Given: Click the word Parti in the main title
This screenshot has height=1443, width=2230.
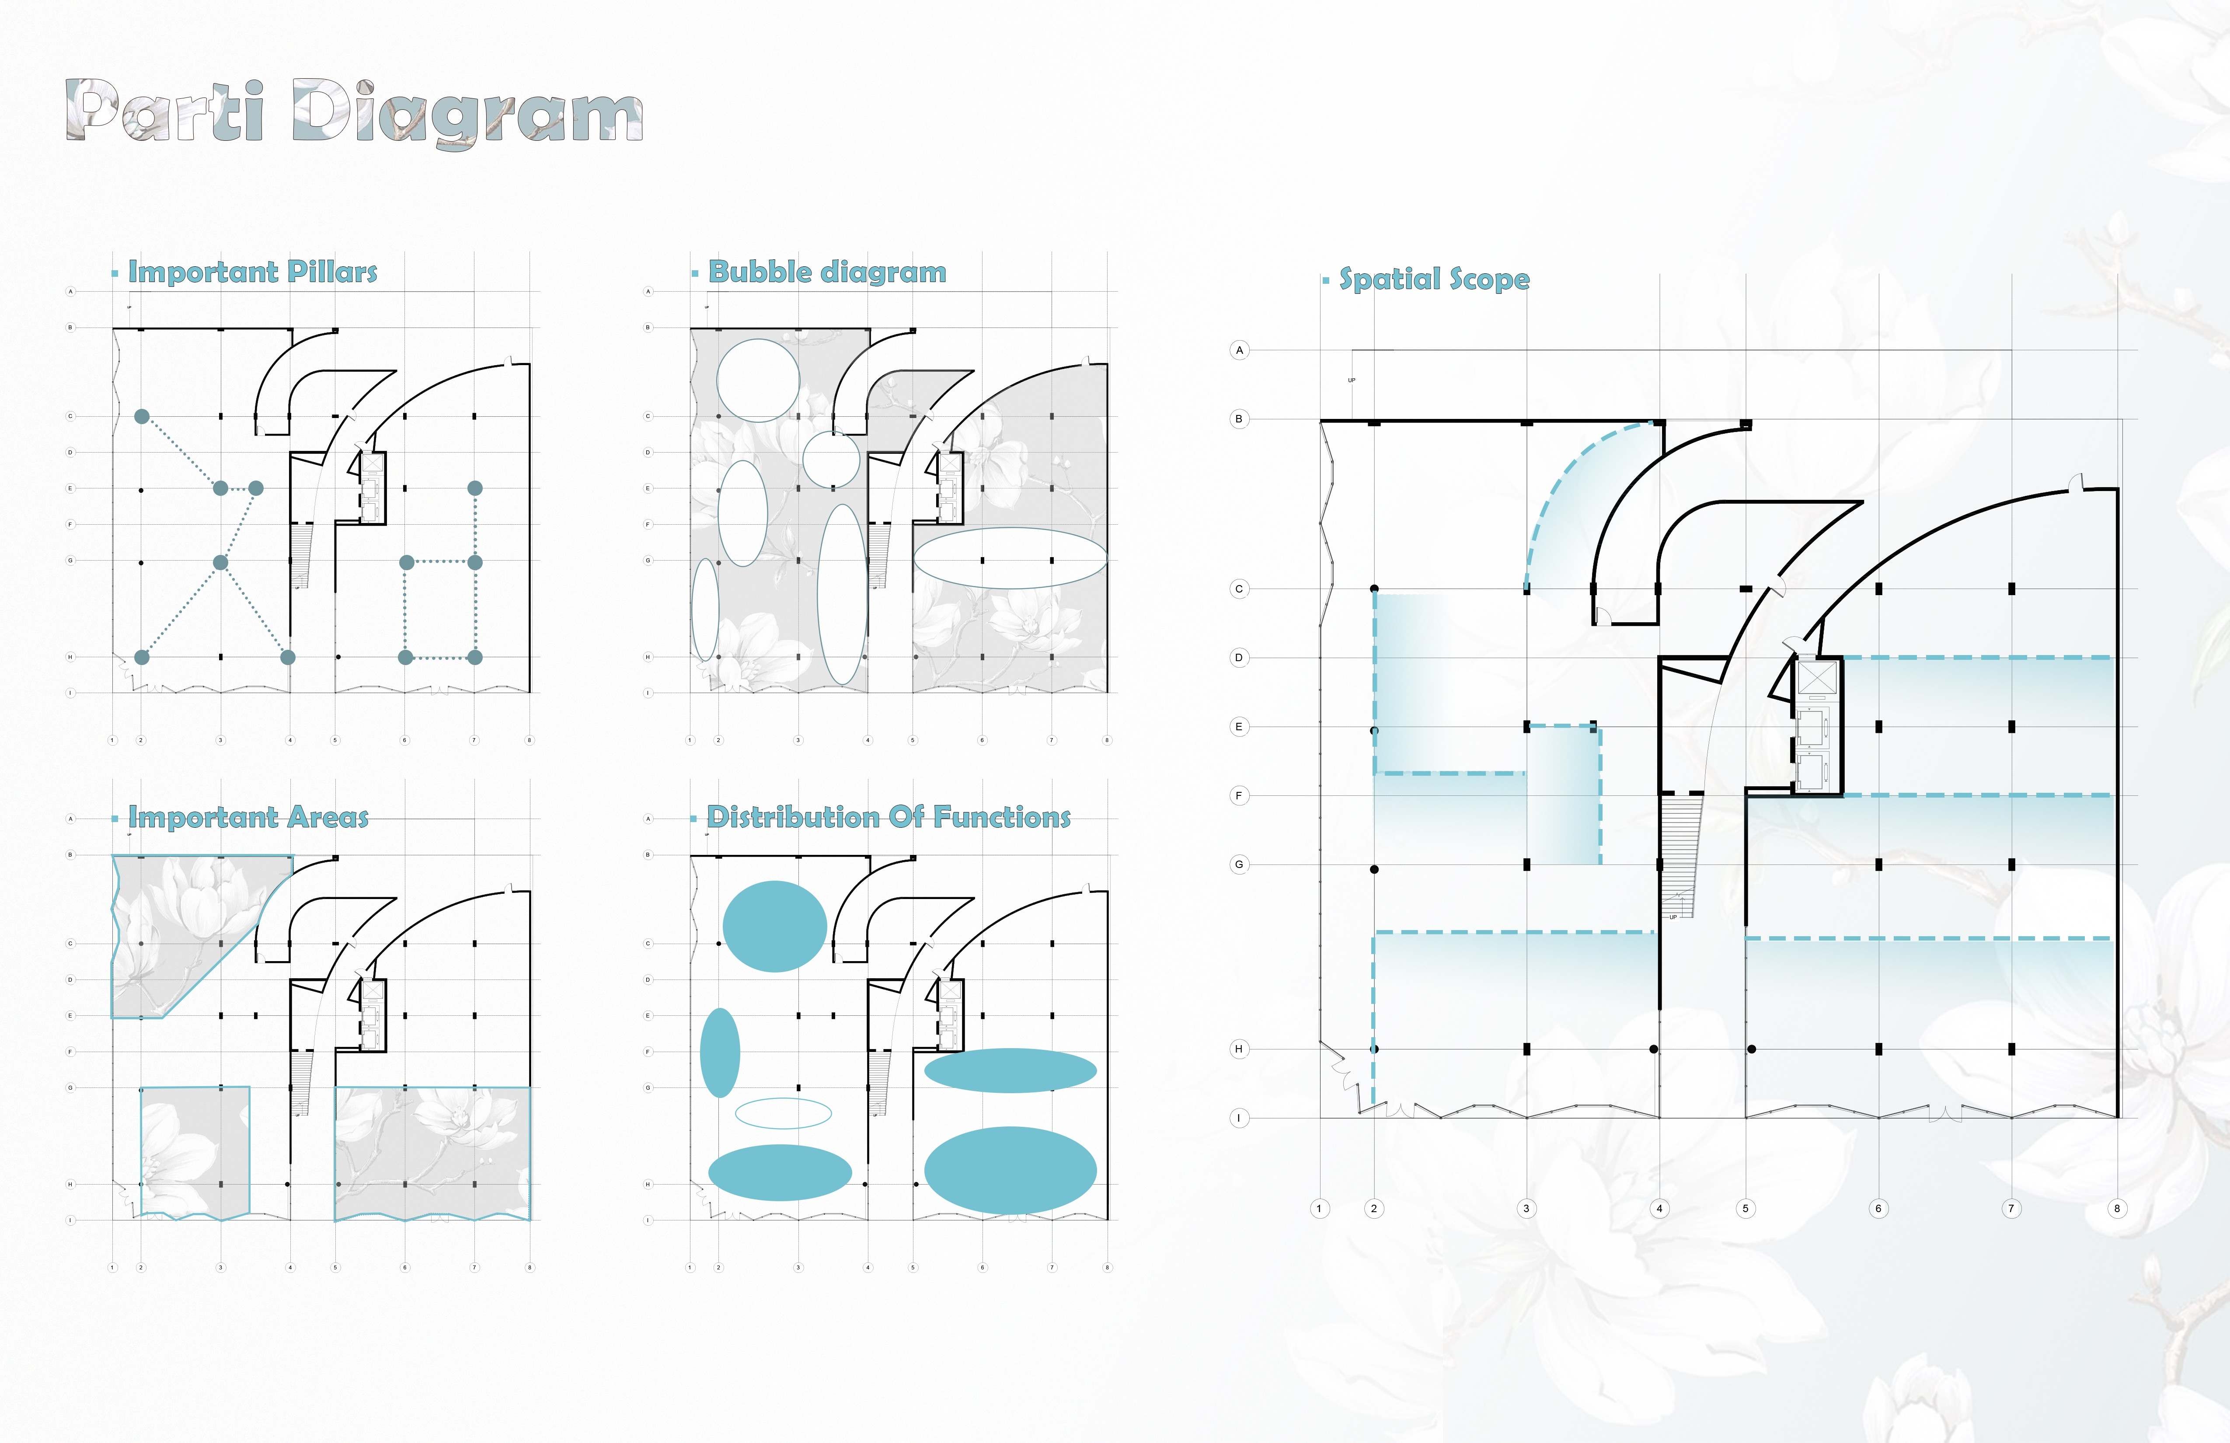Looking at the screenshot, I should point(165,111).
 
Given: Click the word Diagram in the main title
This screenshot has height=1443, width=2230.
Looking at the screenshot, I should point(467,112).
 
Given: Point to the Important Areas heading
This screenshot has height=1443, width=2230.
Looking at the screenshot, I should point(248,817).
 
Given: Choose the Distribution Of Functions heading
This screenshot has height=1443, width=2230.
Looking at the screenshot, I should point(888,817).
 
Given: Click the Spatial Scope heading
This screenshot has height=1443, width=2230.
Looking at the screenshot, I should point(1434,279).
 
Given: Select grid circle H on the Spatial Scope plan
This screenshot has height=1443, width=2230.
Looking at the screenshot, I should point(1239,1049).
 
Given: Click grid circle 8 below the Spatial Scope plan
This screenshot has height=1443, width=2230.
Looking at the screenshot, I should point(2117,1209).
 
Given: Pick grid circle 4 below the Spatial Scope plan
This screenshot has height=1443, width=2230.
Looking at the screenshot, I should point(1659,1209).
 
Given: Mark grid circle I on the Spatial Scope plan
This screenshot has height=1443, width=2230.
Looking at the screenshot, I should point(1239,1118).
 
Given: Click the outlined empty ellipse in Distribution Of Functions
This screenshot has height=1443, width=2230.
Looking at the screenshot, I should point(783,1113).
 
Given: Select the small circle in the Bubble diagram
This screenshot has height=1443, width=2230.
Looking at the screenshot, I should point(831,459).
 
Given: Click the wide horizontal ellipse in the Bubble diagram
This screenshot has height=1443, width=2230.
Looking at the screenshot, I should point(1010,558).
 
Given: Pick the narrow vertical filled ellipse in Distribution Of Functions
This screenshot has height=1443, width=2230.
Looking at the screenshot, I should point(720,1052).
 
